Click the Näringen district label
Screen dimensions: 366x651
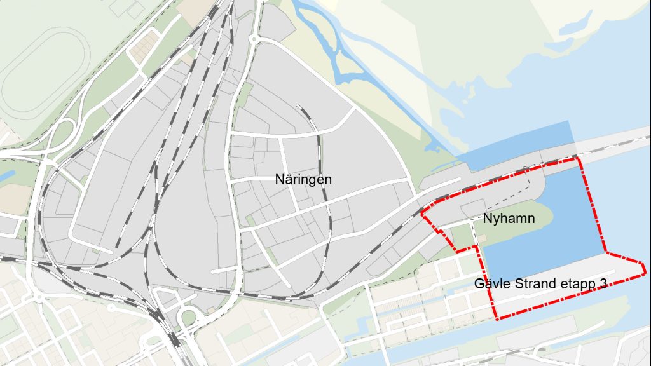(303, 180)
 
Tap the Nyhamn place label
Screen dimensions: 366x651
(509, 219)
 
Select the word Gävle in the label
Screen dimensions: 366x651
(490, 283)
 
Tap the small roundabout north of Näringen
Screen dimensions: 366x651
(254, 39)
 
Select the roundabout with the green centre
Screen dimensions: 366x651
(188, 317)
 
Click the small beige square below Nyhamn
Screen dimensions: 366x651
(481, 238)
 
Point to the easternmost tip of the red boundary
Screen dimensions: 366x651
(646, 274)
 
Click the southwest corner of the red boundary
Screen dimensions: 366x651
(496, 318)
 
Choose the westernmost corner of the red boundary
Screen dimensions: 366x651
(421, 214)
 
